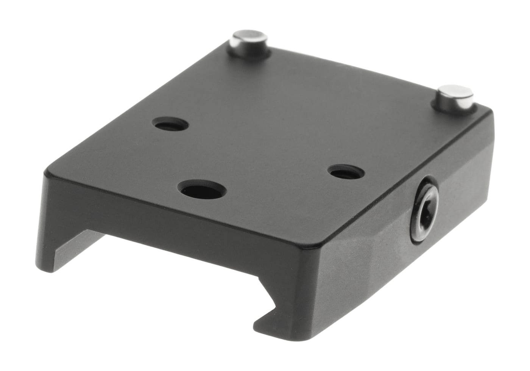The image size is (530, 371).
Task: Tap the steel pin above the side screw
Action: click(x=455, y=98)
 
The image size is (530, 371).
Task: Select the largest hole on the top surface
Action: click(x=203, y=188)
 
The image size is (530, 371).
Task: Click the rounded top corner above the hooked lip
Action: click(x=322, y=244)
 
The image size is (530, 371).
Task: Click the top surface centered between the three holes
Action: click(x=242, y=159)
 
